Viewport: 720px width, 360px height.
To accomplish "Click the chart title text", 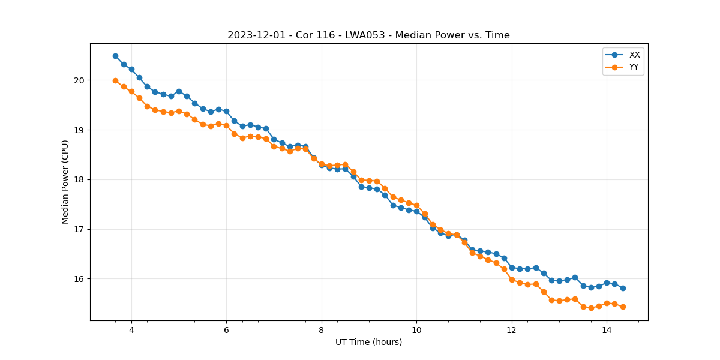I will click(368, 35).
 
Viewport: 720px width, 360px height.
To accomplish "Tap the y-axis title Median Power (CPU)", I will click(65, 182).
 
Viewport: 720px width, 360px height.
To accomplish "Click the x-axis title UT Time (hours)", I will click(368, 342).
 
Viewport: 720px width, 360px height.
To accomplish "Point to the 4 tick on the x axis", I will click(131, 330).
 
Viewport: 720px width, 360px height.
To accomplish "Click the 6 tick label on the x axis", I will click(226, 330).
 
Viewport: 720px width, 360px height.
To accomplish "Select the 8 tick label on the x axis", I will click(322, 330).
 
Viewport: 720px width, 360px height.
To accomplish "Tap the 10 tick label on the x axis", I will click(416, 330).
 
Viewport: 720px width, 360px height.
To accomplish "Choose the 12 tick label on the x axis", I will click(511, 330).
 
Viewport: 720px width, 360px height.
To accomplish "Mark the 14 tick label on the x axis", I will click(607, 330).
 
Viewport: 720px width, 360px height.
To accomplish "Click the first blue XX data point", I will click(115, 56).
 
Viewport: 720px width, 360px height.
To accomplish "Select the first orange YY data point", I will click(115, 80).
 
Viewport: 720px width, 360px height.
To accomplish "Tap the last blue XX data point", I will click(623, 288).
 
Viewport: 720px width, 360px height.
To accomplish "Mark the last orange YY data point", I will click(623, 307).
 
